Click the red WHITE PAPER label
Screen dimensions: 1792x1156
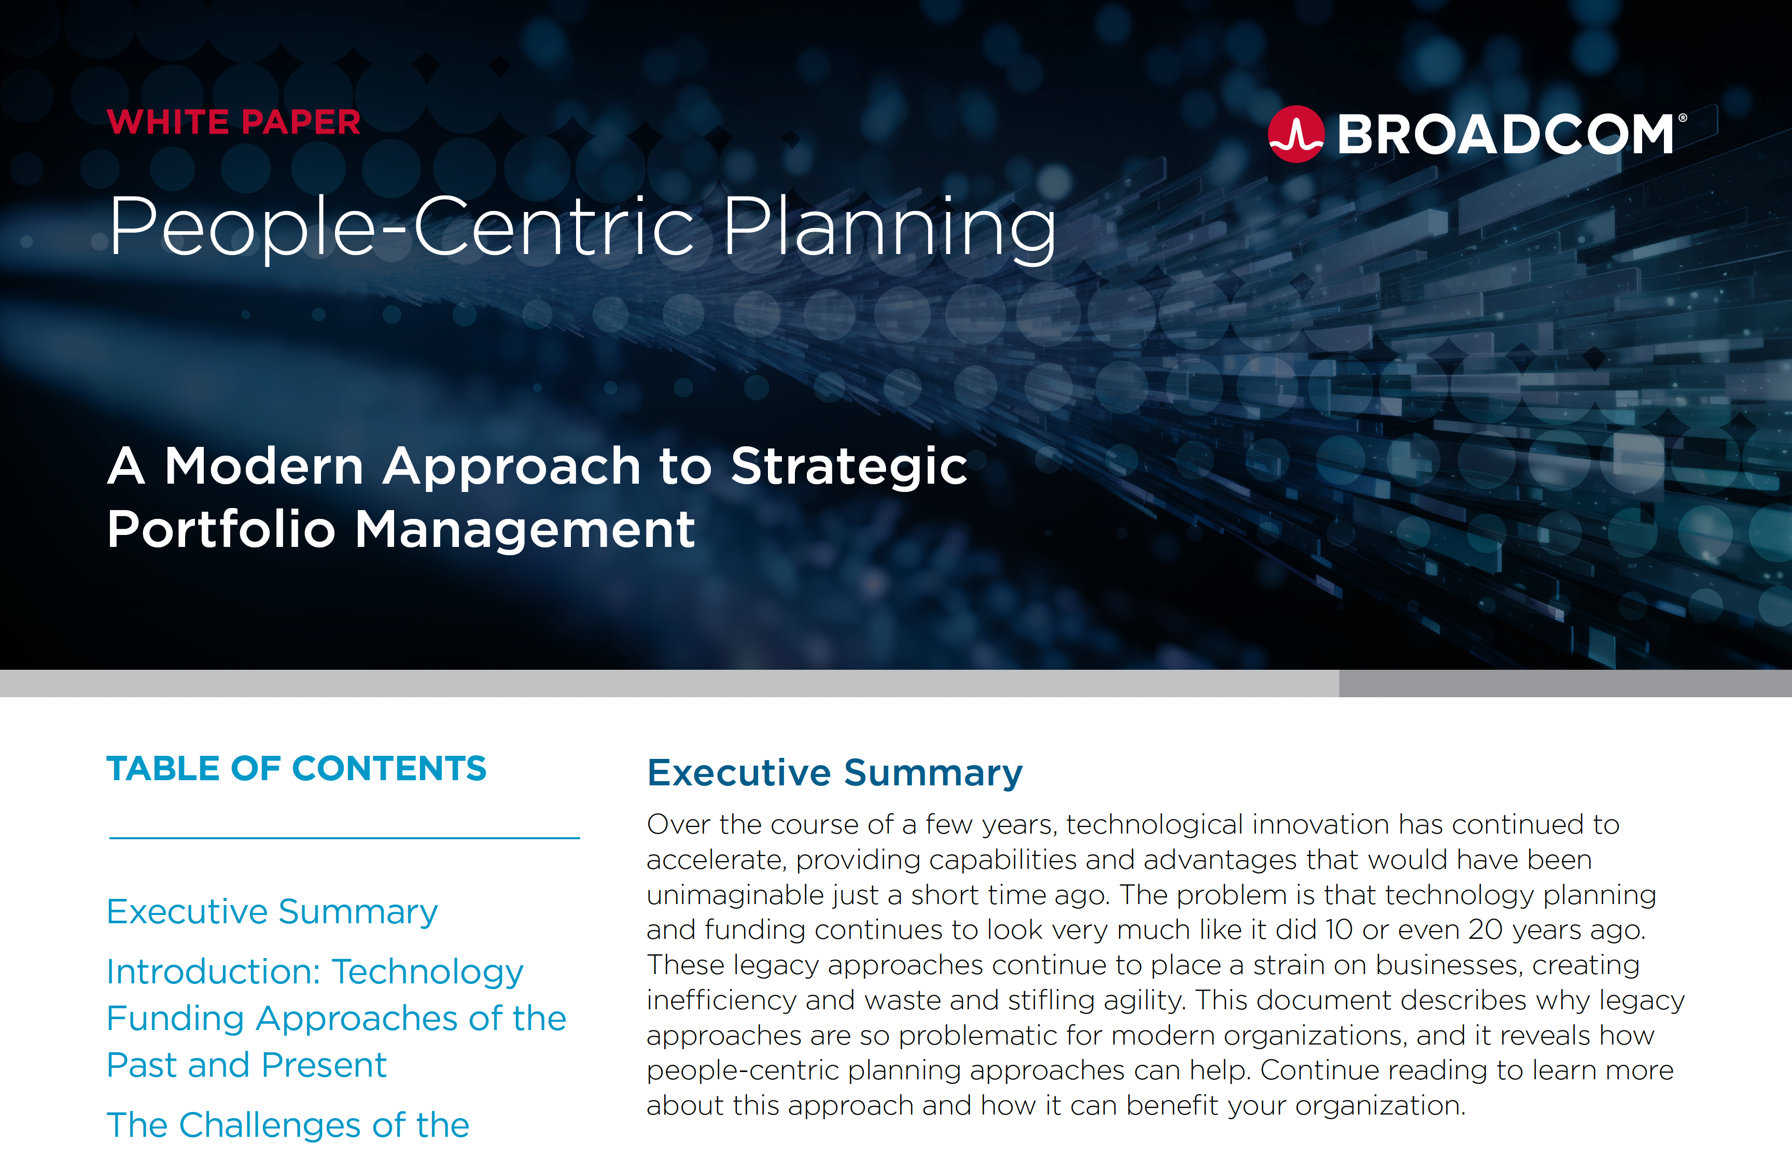pos(233,122)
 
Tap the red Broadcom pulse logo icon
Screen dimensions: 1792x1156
pos(1296,134)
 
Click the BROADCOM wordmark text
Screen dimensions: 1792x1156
pos(1505,134)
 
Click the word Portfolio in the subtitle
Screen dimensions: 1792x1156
pos(221,529)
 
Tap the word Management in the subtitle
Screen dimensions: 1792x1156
pos(525,529)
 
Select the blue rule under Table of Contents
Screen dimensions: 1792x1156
pos(345,838)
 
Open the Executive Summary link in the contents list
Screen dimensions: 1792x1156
pos(272,912)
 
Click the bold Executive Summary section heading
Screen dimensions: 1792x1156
pos(835,773)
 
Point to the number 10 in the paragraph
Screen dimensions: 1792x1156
pos(1339,929)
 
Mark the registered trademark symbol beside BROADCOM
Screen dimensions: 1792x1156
pos(1683,118)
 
